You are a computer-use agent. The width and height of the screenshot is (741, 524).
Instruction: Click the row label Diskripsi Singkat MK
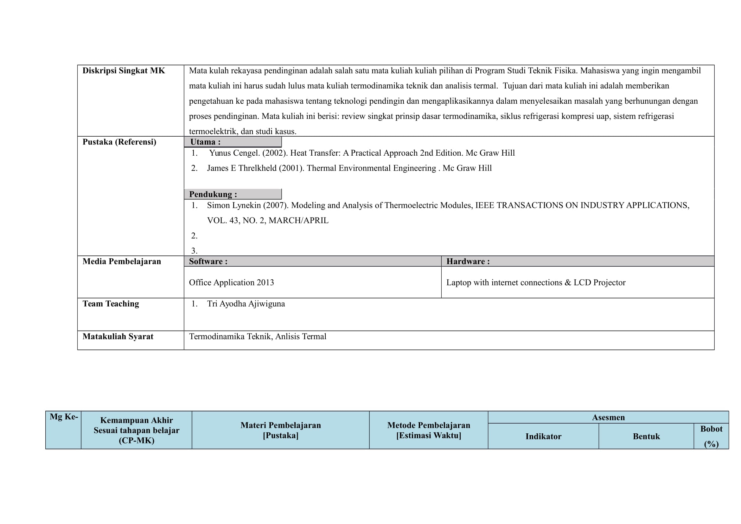point(124,71)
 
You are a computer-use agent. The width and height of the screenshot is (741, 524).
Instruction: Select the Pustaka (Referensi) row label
point(119,142)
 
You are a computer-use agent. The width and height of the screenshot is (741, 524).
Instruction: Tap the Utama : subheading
point(205,142)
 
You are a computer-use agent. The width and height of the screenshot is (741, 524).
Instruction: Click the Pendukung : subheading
point(213,194)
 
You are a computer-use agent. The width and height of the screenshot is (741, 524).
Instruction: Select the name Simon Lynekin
point(234,205)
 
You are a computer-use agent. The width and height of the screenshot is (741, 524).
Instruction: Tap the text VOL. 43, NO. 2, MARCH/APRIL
point(268,221)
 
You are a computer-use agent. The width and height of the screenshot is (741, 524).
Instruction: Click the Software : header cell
point(208,262)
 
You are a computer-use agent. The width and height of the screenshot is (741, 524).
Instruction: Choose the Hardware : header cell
point(468,262)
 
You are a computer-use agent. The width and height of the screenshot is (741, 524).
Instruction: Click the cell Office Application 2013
point(231,282)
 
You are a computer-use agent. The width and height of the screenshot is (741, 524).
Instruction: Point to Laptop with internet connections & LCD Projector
point(536,282)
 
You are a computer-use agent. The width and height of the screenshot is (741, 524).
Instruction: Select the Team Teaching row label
point(111,304)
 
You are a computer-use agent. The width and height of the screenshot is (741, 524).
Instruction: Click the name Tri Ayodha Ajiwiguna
point(246,304)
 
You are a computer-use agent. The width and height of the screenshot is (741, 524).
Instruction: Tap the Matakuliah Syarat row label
point(118,337)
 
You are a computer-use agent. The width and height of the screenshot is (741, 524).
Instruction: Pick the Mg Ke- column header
point(64,417)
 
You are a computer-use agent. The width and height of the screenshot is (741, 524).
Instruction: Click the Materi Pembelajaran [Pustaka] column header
point(280,430)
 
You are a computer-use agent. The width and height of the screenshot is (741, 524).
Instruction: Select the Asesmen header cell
point(608,417)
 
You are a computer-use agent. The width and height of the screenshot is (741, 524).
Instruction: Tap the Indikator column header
point(543,437)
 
